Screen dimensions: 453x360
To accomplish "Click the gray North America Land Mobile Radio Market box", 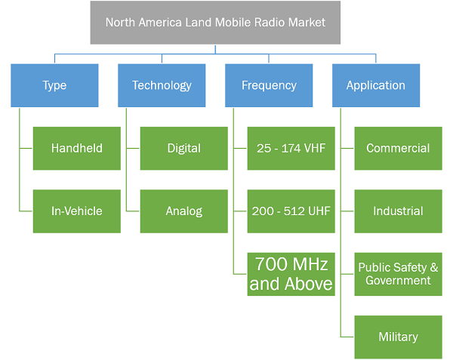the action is coord(215,23).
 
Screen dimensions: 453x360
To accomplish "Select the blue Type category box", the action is coord(54,85).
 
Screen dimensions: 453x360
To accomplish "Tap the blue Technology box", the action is coord(162,85).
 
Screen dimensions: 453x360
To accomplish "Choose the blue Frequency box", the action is coord(269,85).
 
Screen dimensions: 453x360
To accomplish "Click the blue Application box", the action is coord(376,85).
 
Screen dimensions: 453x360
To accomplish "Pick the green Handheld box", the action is coord(77,149).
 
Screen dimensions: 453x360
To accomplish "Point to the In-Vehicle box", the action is coord(77,211).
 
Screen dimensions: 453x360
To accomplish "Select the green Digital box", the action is coord(184,149).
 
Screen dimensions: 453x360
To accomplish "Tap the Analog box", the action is coord(184,211).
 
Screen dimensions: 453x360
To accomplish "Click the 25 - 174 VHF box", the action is coord(291,149).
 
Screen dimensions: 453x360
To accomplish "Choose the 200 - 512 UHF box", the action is coord(291,211).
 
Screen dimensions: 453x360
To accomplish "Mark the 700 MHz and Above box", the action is coord(291,274).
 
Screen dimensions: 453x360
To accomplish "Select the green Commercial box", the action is coord(399,149).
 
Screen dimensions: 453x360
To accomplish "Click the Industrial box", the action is coord(399,211).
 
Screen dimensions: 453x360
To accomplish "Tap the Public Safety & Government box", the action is coord(399,274).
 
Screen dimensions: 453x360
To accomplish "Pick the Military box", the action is coord(399,337).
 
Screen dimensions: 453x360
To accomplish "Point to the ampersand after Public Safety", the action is coord(434,267).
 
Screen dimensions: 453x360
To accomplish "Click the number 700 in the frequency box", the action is coord(271,264).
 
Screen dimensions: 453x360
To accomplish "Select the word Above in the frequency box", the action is coord(309,284).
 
